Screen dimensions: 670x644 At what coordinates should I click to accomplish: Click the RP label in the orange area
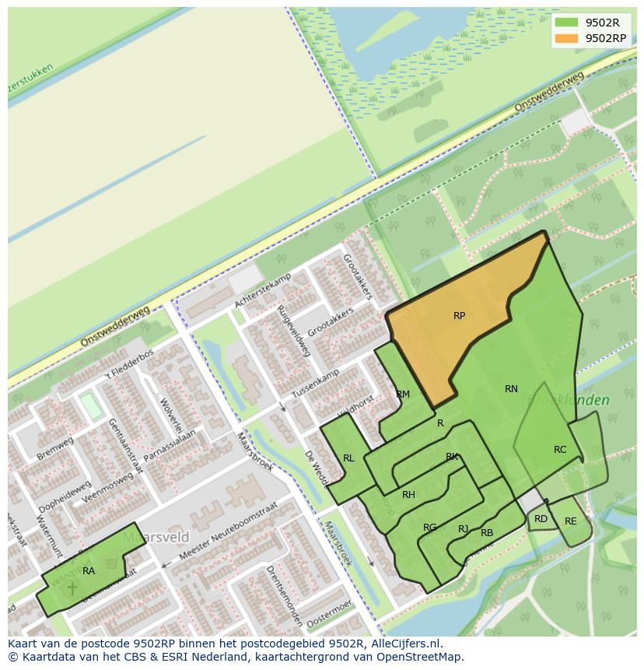click(459, 316)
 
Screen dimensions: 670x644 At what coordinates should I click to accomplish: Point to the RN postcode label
click(511, 389)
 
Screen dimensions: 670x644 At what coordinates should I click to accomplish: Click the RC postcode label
click(560, 450)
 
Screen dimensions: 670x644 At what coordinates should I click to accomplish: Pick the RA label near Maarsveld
click(89, 571)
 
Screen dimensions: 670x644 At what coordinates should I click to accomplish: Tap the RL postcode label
click(348, 458)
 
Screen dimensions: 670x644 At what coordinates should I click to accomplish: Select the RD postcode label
click(541, 519)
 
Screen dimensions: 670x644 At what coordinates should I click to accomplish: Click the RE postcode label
click(571, 521)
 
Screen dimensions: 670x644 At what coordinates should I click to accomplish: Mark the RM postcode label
click(403, 395)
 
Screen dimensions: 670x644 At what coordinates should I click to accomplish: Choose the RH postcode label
click(408, 495)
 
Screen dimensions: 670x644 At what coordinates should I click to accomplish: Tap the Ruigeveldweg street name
click(293, 331)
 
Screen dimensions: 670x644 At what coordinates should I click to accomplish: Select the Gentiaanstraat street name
click(126, 444)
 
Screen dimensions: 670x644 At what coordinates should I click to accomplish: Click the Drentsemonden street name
click(284, 596)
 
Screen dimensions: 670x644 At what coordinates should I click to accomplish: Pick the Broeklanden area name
click(570, 400)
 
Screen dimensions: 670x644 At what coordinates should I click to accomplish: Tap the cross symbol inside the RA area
click(72, 588)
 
